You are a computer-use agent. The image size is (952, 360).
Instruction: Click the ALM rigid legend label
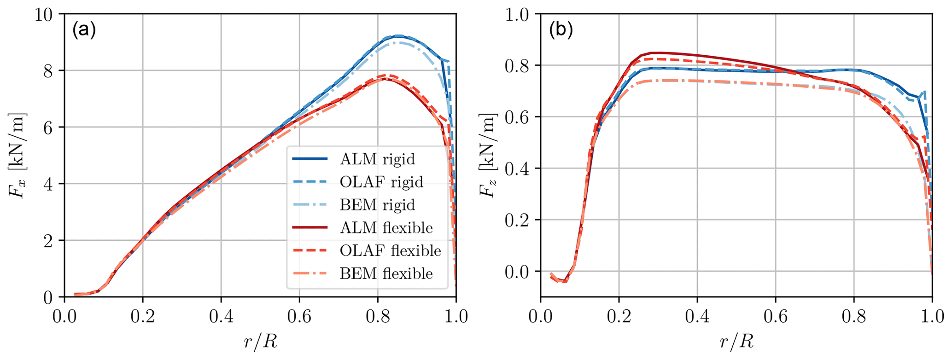[377, 159]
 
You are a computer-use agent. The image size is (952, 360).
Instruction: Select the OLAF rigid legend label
[381, 182]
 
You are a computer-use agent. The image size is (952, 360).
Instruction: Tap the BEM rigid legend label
[377, 205]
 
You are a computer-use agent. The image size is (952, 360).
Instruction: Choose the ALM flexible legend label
[386, 228]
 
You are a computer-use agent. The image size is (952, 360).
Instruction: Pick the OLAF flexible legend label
[390, 251]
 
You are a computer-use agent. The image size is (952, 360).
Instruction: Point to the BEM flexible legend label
[386, 274]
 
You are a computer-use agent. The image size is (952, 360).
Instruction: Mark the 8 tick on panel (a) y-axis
[48, 71]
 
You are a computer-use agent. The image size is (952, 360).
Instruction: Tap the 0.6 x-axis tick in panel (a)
[299, 317]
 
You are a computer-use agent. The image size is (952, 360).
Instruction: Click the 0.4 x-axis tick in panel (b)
[697, 317]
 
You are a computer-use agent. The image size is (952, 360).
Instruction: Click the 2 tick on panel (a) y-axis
[48, 241]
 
